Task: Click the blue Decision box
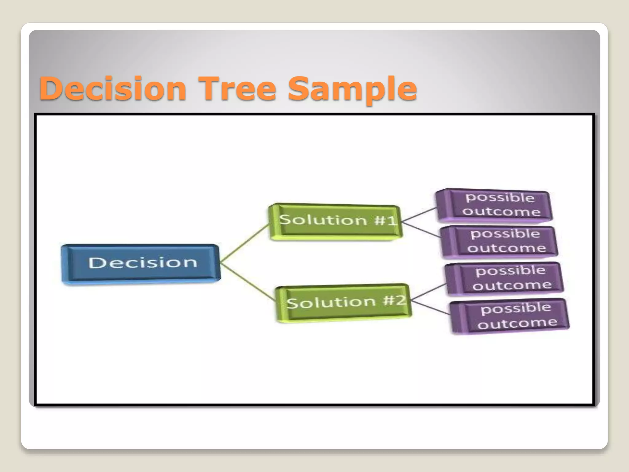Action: coord(141,264)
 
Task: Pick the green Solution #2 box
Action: coord(343,302)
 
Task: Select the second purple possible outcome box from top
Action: coord(499,242)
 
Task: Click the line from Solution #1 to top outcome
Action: coord(419,214)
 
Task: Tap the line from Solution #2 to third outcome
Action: coord(429,292)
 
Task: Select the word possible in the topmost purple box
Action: coord(500,197)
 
